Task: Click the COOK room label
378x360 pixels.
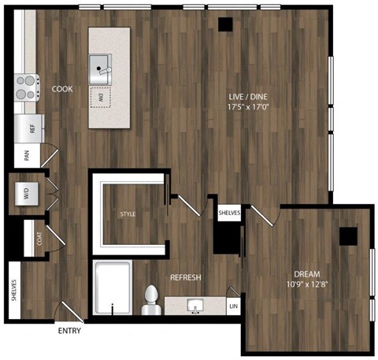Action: coord(62,89)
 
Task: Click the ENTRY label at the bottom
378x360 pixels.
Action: coord(69,330)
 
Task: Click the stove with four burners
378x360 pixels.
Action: coord(27,86)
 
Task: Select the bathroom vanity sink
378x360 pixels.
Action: coord(194,305)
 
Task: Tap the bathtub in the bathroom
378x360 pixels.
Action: coord(113,289)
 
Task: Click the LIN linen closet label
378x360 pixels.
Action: coord(232,305)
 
